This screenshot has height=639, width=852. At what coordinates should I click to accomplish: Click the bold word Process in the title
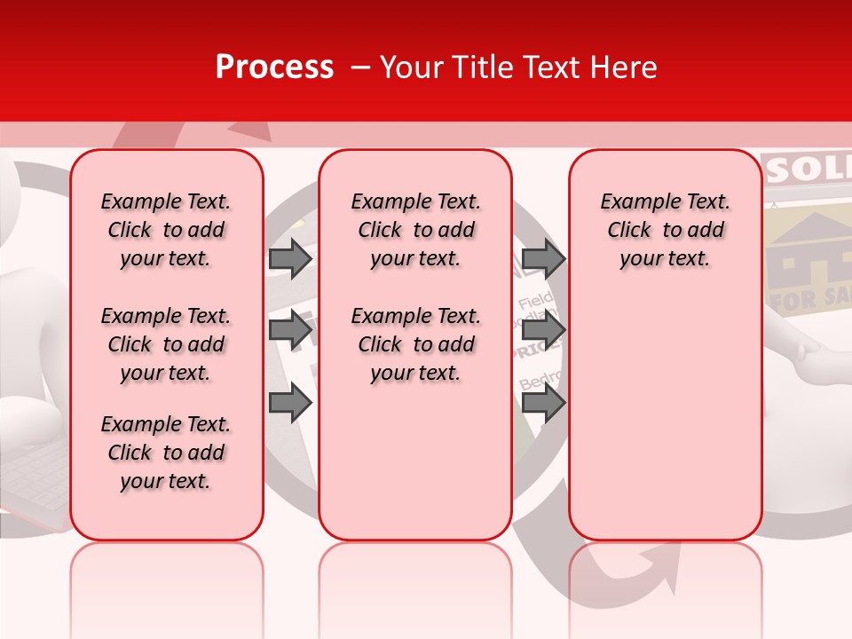click(x=274, y=67)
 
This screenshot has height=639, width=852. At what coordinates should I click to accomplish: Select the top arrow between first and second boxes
click(x=290, y=259)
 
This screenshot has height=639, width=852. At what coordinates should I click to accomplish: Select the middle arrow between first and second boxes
click(x=290, y=331)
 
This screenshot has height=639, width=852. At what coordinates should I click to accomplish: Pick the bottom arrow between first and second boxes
click(x=290, y=404)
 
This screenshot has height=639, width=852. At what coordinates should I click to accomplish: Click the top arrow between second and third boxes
click(x=542, y=259)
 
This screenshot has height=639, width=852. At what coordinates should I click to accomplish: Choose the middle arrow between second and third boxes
click(x=542, y=331)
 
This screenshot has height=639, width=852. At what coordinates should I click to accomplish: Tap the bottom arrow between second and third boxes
click(x=542, y=404)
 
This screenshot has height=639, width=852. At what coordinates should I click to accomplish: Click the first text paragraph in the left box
click(x=166, y=230)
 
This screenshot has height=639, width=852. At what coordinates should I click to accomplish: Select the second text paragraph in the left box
click(x=166, y=344)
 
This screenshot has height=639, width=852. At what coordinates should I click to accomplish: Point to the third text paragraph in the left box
click(x=166, y=453)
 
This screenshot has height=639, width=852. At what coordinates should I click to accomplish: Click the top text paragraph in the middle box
click(x=415, y=230)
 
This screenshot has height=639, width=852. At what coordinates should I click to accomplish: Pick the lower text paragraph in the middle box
click(x=415, y=344)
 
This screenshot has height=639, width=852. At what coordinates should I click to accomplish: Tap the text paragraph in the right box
click(x=665, y=230)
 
